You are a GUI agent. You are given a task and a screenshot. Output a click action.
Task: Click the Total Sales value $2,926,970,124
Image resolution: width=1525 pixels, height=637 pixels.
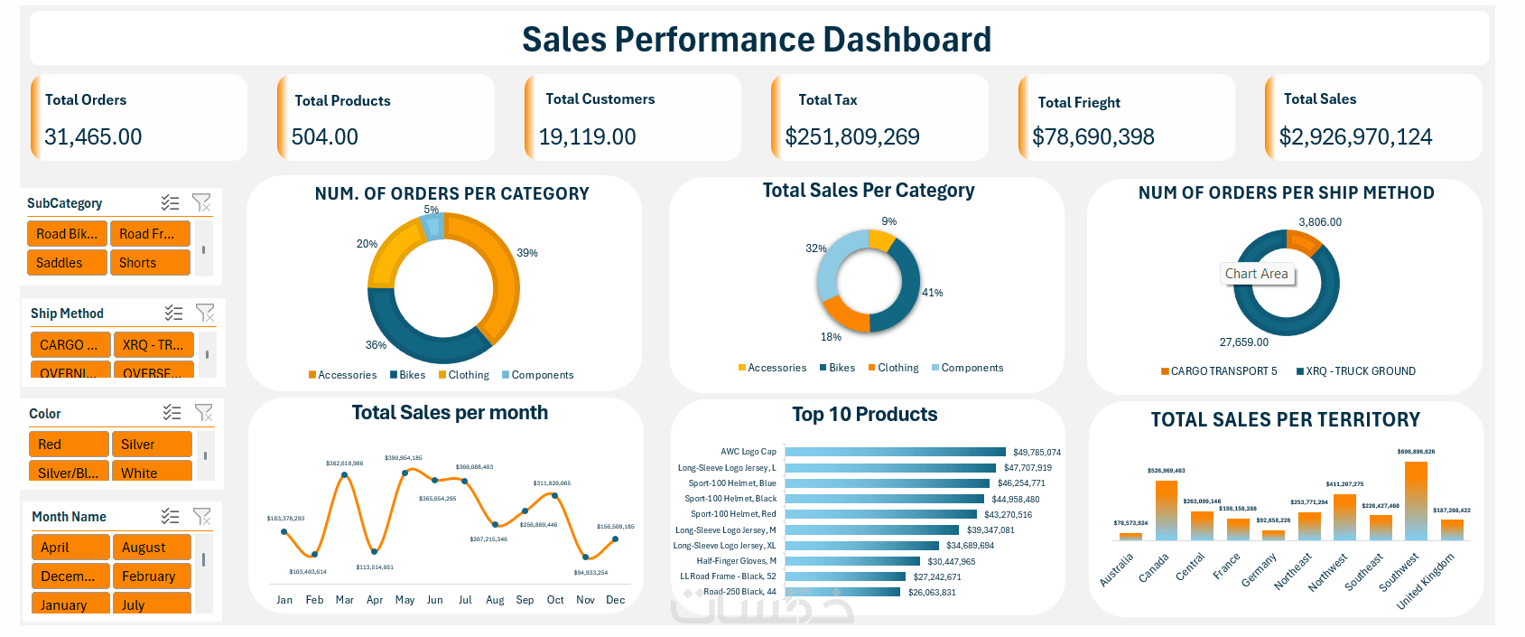point(1355,137)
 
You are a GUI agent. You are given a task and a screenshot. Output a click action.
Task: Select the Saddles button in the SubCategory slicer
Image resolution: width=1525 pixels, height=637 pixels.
point(67,263)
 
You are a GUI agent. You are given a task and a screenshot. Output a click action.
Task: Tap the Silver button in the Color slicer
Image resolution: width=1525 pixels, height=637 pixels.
point(151,445)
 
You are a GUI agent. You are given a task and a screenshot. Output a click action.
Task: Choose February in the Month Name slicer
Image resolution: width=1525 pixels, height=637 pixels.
point(151,576)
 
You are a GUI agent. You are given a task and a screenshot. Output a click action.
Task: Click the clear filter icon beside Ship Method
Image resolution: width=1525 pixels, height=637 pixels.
point(205,313)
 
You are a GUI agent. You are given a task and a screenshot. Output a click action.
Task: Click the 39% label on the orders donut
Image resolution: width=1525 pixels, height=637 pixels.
point(527,253)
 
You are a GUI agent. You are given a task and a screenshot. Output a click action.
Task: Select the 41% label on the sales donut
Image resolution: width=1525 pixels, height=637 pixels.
point(932,293)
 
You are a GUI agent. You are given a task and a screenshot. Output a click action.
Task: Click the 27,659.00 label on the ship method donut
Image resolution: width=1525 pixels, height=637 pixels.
point(1243,342)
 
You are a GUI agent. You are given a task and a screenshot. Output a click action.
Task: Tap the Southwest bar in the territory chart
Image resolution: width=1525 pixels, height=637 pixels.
point(1416,501)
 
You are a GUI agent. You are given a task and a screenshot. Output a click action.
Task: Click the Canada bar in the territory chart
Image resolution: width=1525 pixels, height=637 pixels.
point(1167,511)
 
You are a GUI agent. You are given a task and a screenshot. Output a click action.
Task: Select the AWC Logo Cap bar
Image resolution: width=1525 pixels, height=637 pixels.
point(895,452)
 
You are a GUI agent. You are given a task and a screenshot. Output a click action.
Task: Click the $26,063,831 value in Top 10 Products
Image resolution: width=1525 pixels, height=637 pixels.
point(932,593)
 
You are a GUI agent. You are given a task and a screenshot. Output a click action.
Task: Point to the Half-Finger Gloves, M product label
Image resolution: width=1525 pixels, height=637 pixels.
point(736,561)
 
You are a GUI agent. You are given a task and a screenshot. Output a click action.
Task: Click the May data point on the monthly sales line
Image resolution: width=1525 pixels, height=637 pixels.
point(405,473)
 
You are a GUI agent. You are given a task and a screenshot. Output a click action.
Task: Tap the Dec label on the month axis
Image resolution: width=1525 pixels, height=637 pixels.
point(615,600)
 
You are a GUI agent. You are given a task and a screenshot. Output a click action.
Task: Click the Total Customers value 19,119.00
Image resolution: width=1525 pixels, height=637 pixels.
point(587,137)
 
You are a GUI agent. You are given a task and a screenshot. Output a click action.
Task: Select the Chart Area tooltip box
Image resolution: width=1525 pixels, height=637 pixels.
point(1256,274)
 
